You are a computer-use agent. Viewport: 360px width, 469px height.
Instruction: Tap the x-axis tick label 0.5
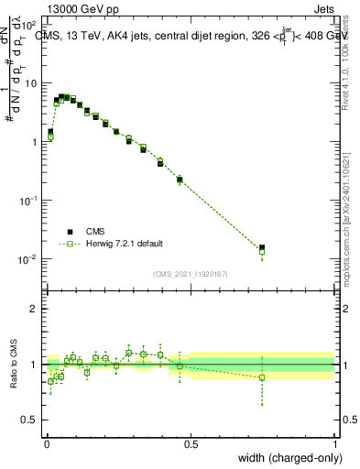click(x=191, y=442)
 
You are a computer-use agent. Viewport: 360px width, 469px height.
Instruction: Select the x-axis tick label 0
click(x=46, y=442)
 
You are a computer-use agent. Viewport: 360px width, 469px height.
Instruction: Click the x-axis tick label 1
click(x=334, y=442)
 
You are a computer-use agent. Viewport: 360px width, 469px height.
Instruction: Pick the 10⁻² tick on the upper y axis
click(x=30, y=259)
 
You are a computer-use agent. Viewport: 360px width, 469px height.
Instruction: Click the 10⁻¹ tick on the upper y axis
click(x=30, y=201)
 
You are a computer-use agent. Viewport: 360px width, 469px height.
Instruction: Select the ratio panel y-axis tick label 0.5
click(x=30, y=420)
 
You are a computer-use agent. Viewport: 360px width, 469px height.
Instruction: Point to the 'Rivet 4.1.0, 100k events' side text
click(x=348, y=64)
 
